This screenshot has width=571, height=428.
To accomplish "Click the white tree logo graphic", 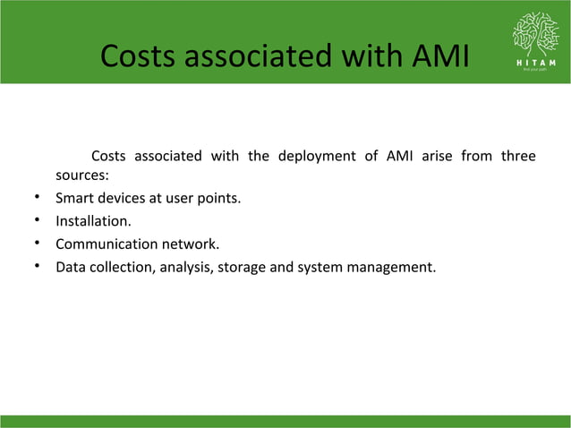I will click(534, 34).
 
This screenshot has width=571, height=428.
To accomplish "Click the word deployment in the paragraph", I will click(318, 157).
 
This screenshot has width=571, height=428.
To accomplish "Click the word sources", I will click(81, 176).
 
